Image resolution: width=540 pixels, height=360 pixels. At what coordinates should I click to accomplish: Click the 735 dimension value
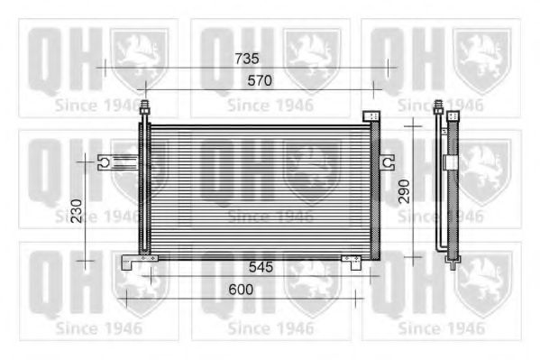(247, 59)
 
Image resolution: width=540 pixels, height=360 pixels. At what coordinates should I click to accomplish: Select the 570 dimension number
(260, 80)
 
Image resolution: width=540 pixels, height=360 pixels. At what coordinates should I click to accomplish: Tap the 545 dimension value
(261, 267)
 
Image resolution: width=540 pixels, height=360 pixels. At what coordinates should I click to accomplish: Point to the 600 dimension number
(241, 290)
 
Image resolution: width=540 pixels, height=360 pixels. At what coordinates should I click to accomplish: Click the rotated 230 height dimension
(77, 211)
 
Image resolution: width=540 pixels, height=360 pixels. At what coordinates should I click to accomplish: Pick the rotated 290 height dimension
(404, 191)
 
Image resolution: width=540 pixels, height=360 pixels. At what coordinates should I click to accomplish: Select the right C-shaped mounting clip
(387, 162)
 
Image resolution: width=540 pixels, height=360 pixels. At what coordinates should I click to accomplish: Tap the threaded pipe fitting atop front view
(145, 107)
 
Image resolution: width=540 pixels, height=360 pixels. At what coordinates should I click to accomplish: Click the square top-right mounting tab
(371, 115)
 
